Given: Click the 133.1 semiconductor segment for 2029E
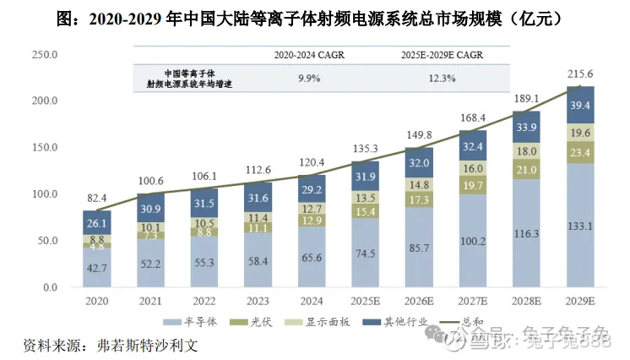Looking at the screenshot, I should click(x=579, y=226).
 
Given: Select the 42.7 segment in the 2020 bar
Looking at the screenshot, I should click(x=98, y=267).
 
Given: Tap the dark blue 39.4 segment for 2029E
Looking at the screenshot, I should click(x=579, y=106).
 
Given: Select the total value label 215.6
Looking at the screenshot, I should click(x=579, y=74).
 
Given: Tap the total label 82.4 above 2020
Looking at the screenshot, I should click(x=98, y=197).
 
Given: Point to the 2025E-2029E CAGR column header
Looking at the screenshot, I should click(x=443, y=56).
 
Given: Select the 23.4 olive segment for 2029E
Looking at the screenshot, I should click(x=579, y=153).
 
